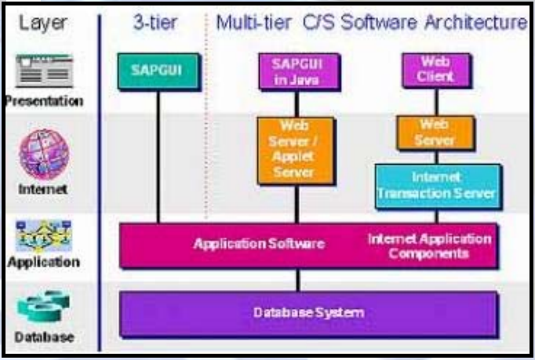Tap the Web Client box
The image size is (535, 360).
435,70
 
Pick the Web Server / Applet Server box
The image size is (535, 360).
296,150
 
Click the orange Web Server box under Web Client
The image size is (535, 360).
435,133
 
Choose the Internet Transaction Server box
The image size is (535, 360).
435,185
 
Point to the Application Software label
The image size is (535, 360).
259,244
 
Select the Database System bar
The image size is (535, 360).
308,313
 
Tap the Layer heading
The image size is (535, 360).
44,23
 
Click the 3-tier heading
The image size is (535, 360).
155,23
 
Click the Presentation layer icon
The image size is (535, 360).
44,72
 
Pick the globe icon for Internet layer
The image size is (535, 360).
44,154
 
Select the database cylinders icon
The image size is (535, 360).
44,307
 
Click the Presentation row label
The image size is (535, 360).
44,101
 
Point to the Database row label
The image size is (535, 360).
44,337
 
